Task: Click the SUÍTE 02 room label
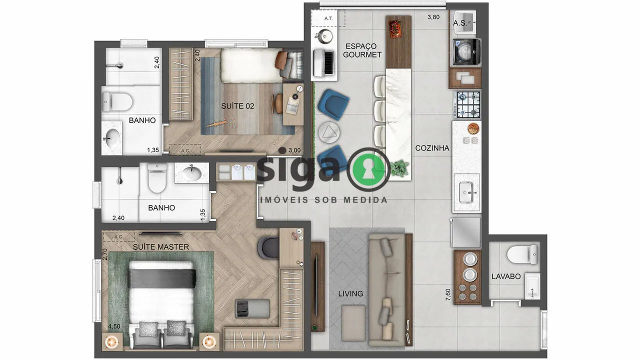[x=237, y=106]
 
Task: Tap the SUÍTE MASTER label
[x=161, y=247]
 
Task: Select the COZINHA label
[x=432, y=148]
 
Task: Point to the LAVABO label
[x=506, y=276]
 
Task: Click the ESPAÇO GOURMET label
[x=362, y=50]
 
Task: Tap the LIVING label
[x=350, y=293]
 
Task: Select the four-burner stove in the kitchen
[x=468, y=104]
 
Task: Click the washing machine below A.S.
[x=466, y=51]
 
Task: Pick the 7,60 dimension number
[x=447, y=294]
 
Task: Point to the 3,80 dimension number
[x=433, y=17]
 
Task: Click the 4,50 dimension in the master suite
[x=114, y=326]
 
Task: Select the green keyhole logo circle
[x=368, y=169]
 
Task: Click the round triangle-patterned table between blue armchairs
[x=329, y=132]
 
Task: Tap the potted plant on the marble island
[x=399, y=168]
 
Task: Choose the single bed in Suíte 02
[x=261, y=65]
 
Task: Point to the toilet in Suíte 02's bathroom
[x=117, y=101]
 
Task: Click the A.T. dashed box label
[x=328, y=18]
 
